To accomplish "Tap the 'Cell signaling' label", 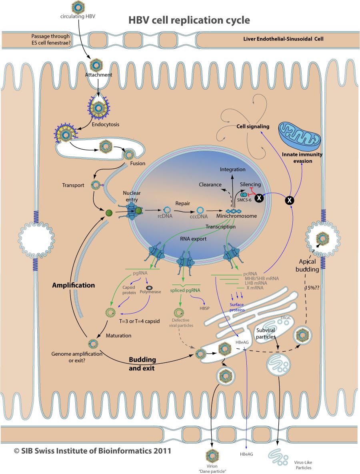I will click(x=252, y=126).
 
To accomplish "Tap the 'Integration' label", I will click(x=233, y=170).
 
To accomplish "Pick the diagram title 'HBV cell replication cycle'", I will click(x=189, y=20).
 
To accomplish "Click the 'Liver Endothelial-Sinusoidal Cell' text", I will click(x=283, y=39).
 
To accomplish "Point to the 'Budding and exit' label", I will click(x=142, y=363).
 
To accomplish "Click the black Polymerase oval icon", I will click(x=149, y=287).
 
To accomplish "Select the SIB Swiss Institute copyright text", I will click(x=92, y=451).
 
